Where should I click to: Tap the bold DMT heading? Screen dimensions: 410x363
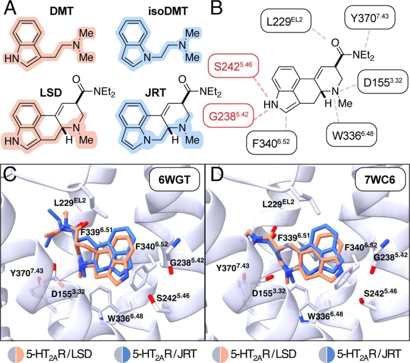point(62,12)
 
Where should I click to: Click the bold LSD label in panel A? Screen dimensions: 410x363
point(51,93)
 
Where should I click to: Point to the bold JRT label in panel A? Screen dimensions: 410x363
point(155,93)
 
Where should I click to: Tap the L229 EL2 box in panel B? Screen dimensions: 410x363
point(285,21)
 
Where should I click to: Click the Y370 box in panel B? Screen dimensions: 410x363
point(369,17)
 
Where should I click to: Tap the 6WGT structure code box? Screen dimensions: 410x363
point(174,179)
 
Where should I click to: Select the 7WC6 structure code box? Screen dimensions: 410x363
point(380,179)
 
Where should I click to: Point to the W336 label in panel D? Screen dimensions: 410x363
point(325,316)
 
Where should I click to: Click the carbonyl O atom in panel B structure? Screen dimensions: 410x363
point(335,43)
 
